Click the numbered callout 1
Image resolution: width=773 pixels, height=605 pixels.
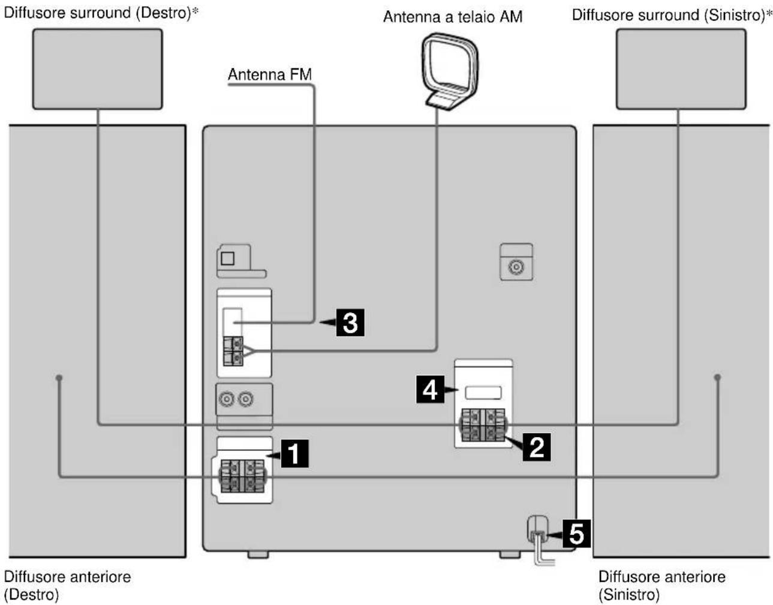(x=295, y=453)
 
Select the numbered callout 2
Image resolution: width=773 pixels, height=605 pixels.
(x=537, y=447)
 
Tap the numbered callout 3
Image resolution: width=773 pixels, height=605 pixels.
(x=350, y=322)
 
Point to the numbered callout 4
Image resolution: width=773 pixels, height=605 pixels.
(x=430, y=389)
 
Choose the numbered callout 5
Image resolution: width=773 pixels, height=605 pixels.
(x=577, y=534)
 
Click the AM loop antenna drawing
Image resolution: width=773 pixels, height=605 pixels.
(x=449, y=71)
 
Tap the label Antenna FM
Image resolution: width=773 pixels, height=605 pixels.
(x=270, y=74)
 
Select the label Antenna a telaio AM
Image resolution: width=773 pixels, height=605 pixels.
(x=453, y=17)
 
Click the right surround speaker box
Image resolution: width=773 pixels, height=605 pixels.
(x=98, y=69)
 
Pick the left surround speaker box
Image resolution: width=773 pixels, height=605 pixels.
(x=681, y=69)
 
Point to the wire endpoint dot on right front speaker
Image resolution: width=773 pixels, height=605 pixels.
(x=59, y=377)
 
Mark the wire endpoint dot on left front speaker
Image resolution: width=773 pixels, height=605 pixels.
(x=717, y=377)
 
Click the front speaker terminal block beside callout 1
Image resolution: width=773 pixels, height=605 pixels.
(x=242, y=476)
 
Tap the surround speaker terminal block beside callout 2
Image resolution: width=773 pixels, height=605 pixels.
(x=483, y=425)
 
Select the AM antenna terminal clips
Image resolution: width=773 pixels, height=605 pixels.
(x=233, y=351)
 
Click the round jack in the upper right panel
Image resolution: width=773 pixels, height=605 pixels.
(x=516, y=267)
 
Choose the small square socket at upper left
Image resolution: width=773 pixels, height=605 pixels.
(x=227, y=258)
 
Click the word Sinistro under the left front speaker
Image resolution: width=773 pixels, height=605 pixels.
(x=629, y=594)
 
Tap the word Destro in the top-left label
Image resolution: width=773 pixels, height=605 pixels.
(x=164, y=13)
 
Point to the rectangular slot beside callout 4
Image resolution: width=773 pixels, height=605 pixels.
(x=483, y=393)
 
